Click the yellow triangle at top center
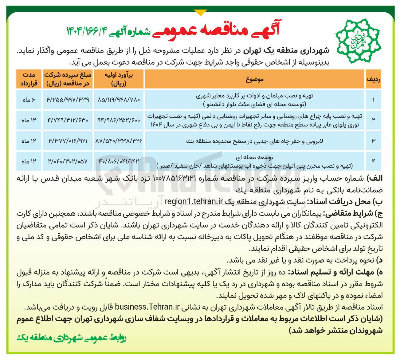pos(201,13)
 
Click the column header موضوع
pos(254,79)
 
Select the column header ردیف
pos(373,79)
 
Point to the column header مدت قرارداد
pos(29,79)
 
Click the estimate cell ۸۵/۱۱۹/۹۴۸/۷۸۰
pos(119,100)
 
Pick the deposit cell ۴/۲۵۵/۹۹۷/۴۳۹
pos(68,100)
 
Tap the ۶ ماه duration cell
pos(29,100)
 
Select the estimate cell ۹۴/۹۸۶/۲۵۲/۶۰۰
pos(119,120)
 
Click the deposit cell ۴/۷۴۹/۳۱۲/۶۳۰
pos(68,120)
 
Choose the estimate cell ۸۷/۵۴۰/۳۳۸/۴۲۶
pos(119,141)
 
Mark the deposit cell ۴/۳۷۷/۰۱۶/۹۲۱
pos(68,141)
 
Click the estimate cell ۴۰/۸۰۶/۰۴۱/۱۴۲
pos(119,161)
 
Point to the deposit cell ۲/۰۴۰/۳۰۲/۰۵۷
pos(68,161)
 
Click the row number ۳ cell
pos(374,141)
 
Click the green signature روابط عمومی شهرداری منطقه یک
pos(71,338)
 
